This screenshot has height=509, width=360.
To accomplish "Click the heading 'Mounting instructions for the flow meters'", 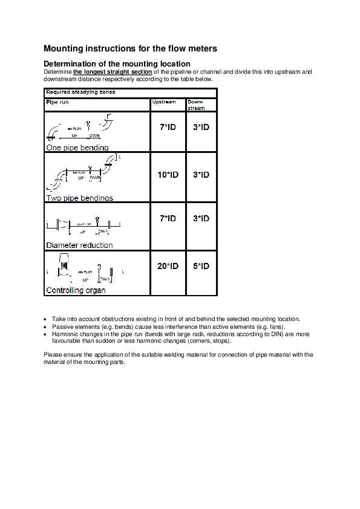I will pyautogui.click(x=130, y=48).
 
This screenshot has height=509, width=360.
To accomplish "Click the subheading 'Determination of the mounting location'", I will pyautogui.click(x=117, y=63).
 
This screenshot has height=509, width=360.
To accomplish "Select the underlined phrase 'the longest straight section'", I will pyautogui.click(x=113, y=71).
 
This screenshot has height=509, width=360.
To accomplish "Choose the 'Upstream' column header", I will pyautogui.click(x=164, y=102).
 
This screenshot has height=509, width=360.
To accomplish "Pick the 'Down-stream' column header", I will pyautogui.click(x=197, y=105).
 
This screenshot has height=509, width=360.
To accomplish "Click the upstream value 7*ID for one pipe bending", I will pyautogui.click(x=168, y=128).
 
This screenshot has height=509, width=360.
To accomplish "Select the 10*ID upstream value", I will pyautogui.click(x=168, y=175).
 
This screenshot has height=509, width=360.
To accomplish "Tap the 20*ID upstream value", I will pyautogui.click(x=168, y=266).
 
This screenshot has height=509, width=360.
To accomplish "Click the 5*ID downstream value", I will pyautogui.click(x=201, y=266).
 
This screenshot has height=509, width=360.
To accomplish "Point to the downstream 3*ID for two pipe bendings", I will pyautogui.click(x=201, y=175).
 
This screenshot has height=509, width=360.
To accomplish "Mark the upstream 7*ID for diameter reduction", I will pyautogui.click(x=168, y=218).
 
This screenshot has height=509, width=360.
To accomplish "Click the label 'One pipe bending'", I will pyautogui.click(x=77, y=148).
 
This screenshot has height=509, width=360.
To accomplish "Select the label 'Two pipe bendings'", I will pyautogui.click(x=79, y=198).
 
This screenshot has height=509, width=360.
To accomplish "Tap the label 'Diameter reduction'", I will pyautogui.click(x=79, y=245).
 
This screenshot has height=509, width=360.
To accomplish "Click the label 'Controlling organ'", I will pyautogui.click(x=76, y=290).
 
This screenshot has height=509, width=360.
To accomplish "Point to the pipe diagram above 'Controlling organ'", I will pyautogui.click(x=85, y=270).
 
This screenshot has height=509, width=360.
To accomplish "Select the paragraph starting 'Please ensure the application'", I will pyautogui.click(x=178, y=358).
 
